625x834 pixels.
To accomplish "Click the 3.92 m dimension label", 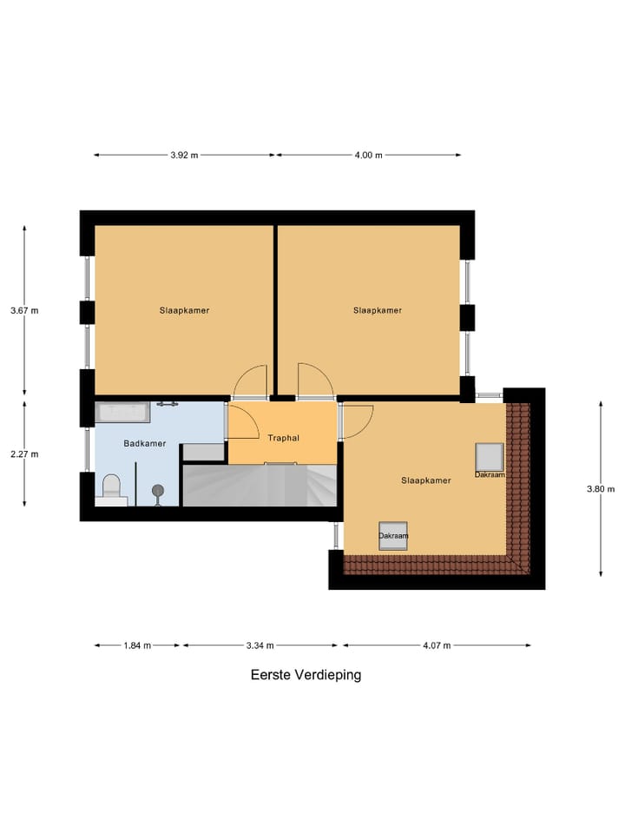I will point(184,156).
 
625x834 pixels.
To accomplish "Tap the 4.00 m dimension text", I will point(368,156).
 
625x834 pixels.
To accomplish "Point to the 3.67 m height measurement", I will point(24,310).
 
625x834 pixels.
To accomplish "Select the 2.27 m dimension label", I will point(24,453).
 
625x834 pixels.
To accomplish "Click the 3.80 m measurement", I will point(601,488).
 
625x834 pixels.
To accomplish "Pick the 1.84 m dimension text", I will point(137,645).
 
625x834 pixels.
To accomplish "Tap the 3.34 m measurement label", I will point(260,645).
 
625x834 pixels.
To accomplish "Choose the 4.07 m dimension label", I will point(437,645).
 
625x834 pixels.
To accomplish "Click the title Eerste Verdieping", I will point(306,674).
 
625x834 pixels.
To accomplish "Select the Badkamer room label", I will point(144,443).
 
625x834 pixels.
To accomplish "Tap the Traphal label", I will point(283,438).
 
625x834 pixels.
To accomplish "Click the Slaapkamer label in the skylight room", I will point(425,480).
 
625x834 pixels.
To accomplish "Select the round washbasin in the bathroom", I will point(158,492).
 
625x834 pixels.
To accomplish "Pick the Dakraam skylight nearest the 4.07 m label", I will point(393,534).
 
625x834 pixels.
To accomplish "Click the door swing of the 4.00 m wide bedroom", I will point(312,380).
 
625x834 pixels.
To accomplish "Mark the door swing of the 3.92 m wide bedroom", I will point(252,381).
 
